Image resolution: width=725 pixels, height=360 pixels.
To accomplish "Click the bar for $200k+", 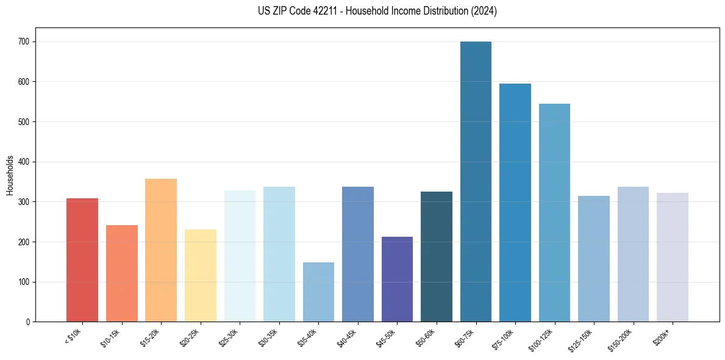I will (673, 257).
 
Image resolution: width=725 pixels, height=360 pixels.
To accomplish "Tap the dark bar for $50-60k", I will (437, 256).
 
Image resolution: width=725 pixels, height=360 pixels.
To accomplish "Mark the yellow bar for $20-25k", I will (201, 275).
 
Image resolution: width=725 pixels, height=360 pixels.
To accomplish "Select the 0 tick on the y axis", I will (29, 322).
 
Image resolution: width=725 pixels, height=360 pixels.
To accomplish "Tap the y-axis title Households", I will (10, 175).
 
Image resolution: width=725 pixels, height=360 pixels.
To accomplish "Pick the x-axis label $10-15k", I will (110, 337).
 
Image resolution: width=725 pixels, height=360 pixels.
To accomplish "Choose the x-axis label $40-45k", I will (346, 337).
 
